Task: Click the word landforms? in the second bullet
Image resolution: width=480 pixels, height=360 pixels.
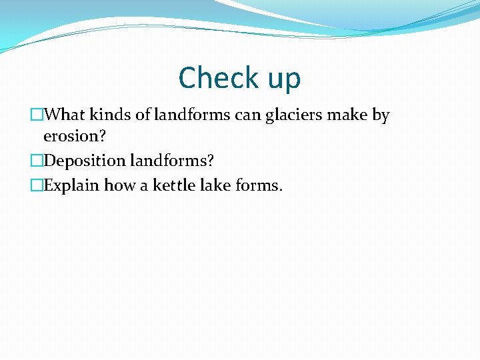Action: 172,161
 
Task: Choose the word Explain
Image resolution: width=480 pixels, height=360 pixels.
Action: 71,185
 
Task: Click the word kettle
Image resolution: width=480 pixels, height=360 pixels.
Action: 173,185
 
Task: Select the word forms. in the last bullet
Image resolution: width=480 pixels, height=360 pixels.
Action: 260,185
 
